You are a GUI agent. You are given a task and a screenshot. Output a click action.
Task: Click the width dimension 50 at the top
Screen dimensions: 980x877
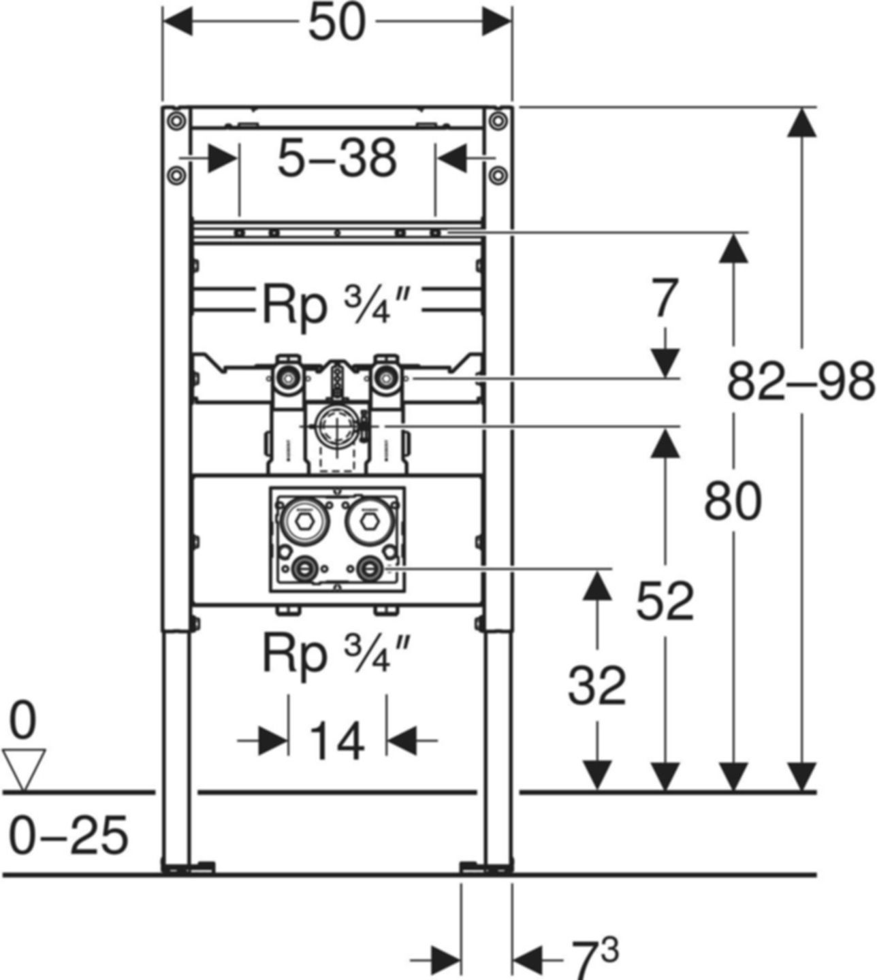pos(337,24)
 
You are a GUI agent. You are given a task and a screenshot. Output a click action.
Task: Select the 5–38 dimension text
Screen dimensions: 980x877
pos(337,159)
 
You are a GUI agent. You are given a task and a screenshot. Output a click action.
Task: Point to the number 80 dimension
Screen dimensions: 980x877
pos(733,501)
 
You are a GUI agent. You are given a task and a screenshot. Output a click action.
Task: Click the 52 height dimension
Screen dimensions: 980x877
pos(665,601)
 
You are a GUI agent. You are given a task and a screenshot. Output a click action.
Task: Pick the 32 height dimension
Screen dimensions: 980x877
pos(597,686)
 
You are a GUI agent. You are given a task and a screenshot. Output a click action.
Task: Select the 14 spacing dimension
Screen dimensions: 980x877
pos(337,740)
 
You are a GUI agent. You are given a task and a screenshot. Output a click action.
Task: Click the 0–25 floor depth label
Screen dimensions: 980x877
pos(69,836)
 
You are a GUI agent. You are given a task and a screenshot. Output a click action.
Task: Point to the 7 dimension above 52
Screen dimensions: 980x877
pos(665,299)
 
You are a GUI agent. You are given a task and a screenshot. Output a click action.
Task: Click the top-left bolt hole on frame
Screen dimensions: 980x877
pos(176,121)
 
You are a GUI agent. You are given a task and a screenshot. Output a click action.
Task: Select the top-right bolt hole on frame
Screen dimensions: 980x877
pos(498,121)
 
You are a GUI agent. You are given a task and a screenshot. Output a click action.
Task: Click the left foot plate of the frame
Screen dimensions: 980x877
pos(188,866)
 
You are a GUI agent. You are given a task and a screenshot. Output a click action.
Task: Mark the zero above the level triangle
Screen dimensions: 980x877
pos(23,721)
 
